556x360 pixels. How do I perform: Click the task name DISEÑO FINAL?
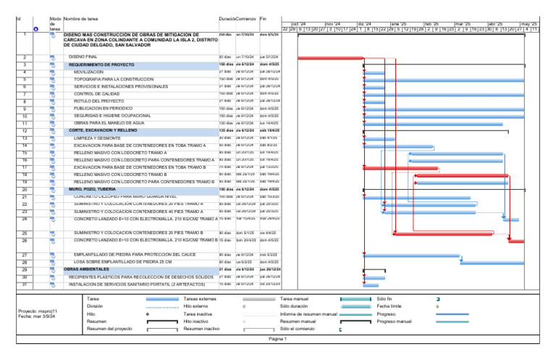point(84,56)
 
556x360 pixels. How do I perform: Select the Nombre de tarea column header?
point(81,17)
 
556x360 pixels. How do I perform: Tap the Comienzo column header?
point(245,17)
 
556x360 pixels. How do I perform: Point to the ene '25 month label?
point(399,24)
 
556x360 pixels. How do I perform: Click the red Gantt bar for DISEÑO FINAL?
point(329,58)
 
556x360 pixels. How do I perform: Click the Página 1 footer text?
point(278,338)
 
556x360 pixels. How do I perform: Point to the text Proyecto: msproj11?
point(36,311)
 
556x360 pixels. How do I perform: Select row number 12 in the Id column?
point(25,130)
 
